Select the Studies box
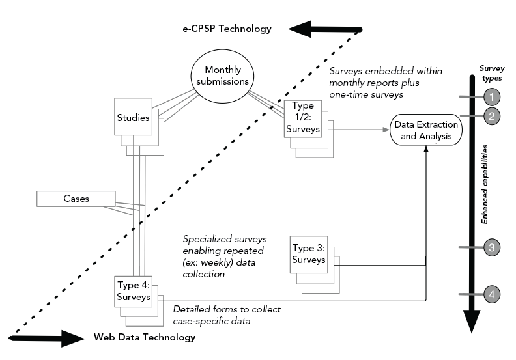(134, 118)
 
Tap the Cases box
(76, 199)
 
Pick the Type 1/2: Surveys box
(304, 118)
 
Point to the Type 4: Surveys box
(134, 292)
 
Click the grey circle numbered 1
(493, 97)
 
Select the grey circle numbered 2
(493, 117)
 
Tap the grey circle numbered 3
(493, 247)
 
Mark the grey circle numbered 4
(493, 294)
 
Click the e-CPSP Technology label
(227, 29)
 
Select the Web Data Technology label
(144, 337)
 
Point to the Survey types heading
(492, 72)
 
